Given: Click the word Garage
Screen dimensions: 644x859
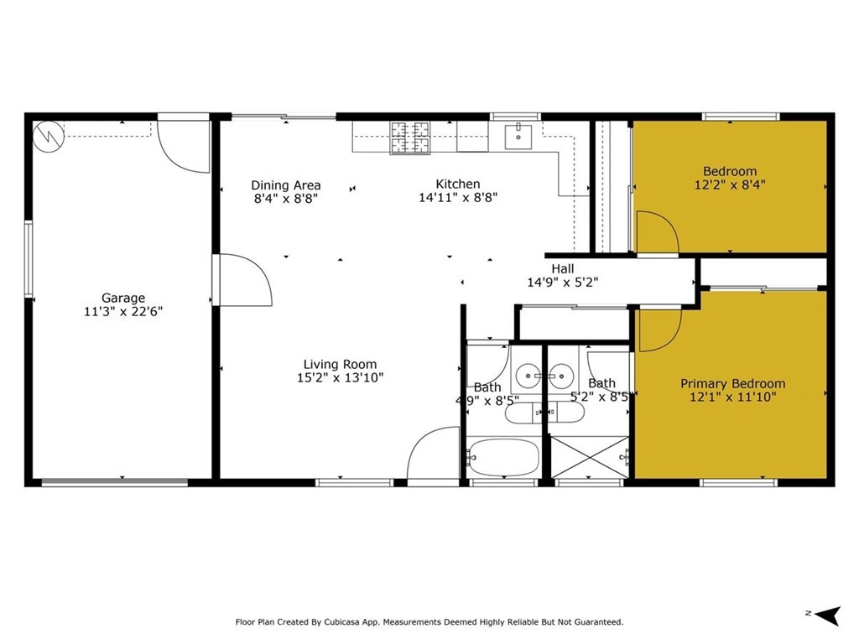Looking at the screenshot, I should click(x=123, y=298).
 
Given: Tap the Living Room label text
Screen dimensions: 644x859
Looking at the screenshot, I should click(x=340, y=364).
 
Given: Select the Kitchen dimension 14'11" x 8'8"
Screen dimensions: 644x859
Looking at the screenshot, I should click(x=457, y=198).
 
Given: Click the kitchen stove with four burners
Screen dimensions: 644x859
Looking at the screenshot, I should click(x=409, y=138).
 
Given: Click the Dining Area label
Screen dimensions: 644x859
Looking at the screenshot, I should click(x=286, y=185).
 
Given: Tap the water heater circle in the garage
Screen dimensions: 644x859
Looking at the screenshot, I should click(x=48, y=135).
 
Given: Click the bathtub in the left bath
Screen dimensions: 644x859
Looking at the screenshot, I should click(x=502, y=458).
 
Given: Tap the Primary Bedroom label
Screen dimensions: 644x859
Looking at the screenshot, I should click(x=732, y=384).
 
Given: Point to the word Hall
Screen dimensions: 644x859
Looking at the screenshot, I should click(x=562, y=268).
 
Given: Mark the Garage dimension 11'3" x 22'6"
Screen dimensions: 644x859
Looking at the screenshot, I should click(x=123, y=311).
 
